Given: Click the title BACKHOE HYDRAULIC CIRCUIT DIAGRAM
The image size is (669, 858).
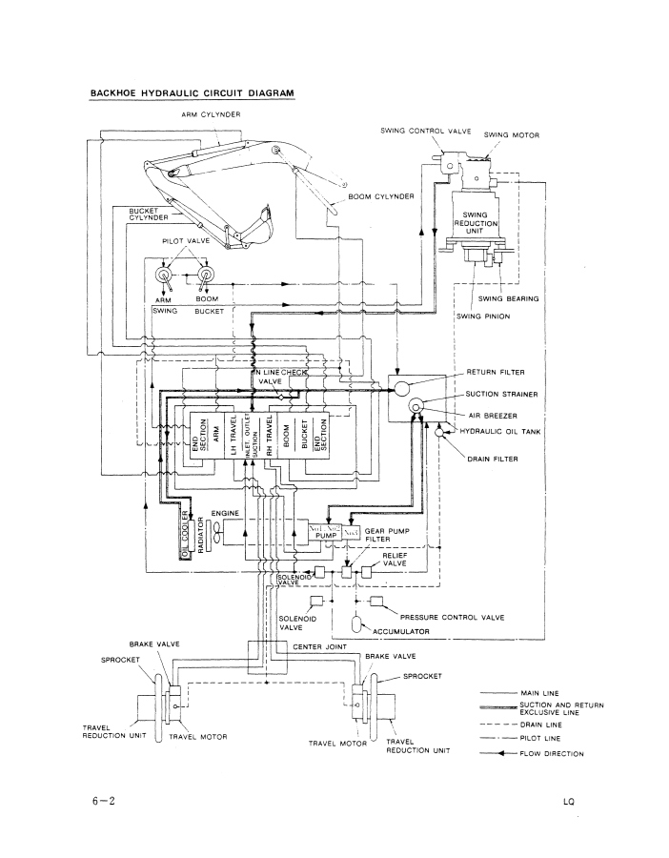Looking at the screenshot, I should [192, 93].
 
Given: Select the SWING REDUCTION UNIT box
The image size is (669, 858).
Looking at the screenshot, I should [476, 224].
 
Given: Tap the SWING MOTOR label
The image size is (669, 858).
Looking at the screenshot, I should [512, 135].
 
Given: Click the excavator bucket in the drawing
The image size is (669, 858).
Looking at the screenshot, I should [249, 230].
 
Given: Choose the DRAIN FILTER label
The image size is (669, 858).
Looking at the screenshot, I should [492, 459].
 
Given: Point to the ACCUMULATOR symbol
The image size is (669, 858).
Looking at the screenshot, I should [358, 623].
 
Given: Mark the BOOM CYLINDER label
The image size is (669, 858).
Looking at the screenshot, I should [381, 196].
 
